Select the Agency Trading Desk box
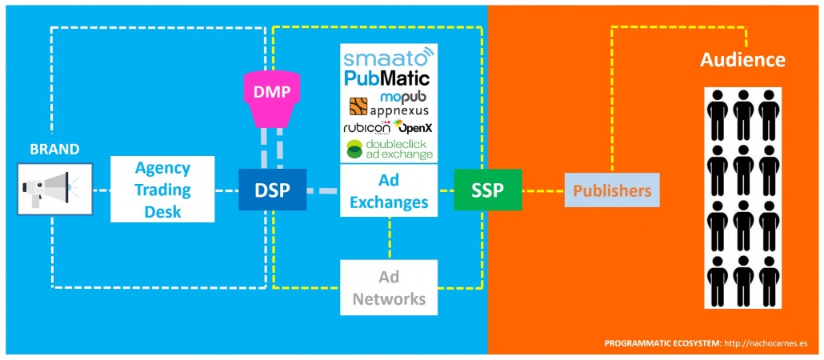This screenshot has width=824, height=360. pos(162,190)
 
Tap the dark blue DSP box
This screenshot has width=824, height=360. pos(272,190)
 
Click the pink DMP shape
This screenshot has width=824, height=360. pos(272,98)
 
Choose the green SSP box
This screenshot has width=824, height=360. pos(488,190)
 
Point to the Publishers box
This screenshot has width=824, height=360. pos(612,190)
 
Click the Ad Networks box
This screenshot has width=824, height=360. pos(389,287)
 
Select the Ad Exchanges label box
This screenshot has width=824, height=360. pos(389,191)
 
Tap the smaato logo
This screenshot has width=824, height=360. pos(387,58)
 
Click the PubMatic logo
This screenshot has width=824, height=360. pos(387,78)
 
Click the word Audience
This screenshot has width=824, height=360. pos(742,60)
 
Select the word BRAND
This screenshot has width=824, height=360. pos(54,149)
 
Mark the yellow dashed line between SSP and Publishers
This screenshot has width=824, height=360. pos(543,191)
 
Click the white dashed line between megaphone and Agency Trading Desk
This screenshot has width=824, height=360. pos(101,191)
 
